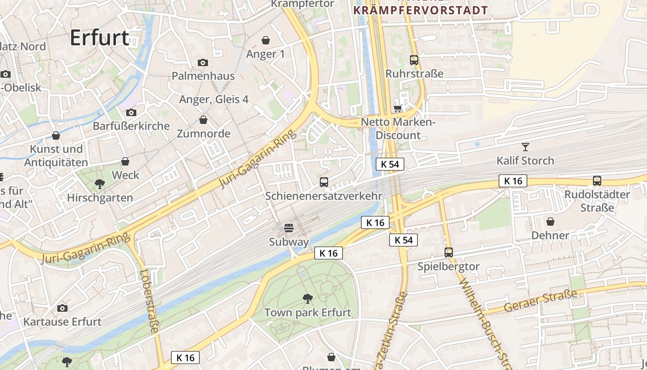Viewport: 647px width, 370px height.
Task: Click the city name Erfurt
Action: [99, 38]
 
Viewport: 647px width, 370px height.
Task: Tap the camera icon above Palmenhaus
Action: [202, 62]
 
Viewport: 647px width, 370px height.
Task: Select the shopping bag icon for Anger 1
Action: [266, 40]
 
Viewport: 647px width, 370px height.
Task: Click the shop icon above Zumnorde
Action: [203, 120]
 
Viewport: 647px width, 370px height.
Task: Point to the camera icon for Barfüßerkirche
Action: [131, 112]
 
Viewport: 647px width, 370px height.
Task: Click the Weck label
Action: [125, 175]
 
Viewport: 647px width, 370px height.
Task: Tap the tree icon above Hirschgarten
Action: [99, 184]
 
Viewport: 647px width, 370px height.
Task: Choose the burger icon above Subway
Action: [289, 228]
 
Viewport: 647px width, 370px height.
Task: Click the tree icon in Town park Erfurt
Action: [307, 299]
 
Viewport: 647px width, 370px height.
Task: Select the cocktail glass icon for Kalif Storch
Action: [525, 147]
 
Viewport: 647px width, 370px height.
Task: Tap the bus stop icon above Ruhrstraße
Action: [414, 60]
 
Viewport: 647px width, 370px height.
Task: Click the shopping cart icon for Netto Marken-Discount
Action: [397, 109]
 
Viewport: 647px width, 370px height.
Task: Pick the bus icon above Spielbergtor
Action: [448, 253]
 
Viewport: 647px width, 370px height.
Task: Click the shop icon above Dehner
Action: [550, 222]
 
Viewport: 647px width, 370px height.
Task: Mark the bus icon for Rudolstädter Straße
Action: [597, 181]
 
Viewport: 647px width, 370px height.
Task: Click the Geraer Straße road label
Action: [541, 301]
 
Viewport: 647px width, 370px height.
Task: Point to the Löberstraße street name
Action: [149, 301]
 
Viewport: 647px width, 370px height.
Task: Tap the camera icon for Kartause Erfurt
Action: [62, 308]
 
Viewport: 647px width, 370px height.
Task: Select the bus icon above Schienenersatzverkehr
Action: [324, 182]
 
